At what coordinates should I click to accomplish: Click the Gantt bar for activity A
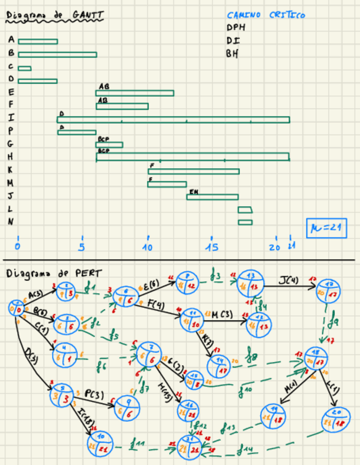pyautogui.click(x=37, y=41)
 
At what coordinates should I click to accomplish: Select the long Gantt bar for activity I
pyautogui.click(x=173, y=120)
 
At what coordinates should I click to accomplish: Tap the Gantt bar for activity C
pyautogui.click(x=24, y=68)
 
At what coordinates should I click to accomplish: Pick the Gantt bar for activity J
pyautogui.click(x=212, y=197)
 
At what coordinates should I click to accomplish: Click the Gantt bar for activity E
pyautogui.click(x=134, y=93)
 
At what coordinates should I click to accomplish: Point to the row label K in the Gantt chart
pyautogui.click(x=11, y=170)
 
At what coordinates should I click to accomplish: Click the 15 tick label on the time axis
pyautogui.click(x=211, y=247)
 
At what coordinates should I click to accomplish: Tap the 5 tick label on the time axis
pyautogui.click(x=82, y=247)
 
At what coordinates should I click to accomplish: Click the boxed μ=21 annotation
pyautogui.click(x=327, y=228)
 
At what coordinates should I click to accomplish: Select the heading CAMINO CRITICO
pyautogui.click(x=266, y=16)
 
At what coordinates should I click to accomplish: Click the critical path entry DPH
pyautogui.click(x=236, y=27)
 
